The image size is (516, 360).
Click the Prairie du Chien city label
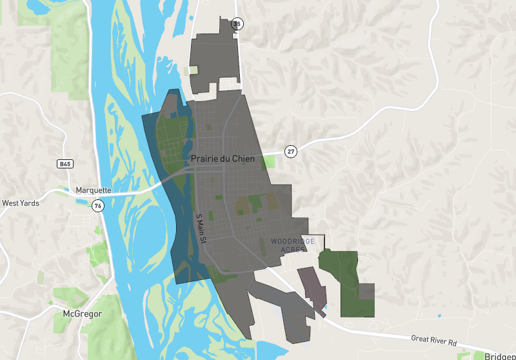tap(223, 158)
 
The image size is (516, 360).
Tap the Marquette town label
tap(94, 190)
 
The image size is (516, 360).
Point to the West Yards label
tap(21, 203)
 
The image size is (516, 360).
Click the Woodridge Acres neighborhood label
tap(293, 245)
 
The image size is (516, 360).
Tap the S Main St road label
tap(201, 228)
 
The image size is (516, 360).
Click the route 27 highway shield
tap(292, 152)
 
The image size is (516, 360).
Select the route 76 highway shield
tap(97, 206)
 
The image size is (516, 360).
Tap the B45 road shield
tap(64, 165)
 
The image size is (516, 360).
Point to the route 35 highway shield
tap(237, 25)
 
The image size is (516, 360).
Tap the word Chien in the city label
tap(243, 158)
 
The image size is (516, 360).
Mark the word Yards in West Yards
tap(30, 203)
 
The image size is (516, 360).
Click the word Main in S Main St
tap(201, 227)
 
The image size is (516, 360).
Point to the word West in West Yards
tap(10, 203)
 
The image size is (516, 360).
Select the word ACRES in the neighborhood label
tap(293, 250)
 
